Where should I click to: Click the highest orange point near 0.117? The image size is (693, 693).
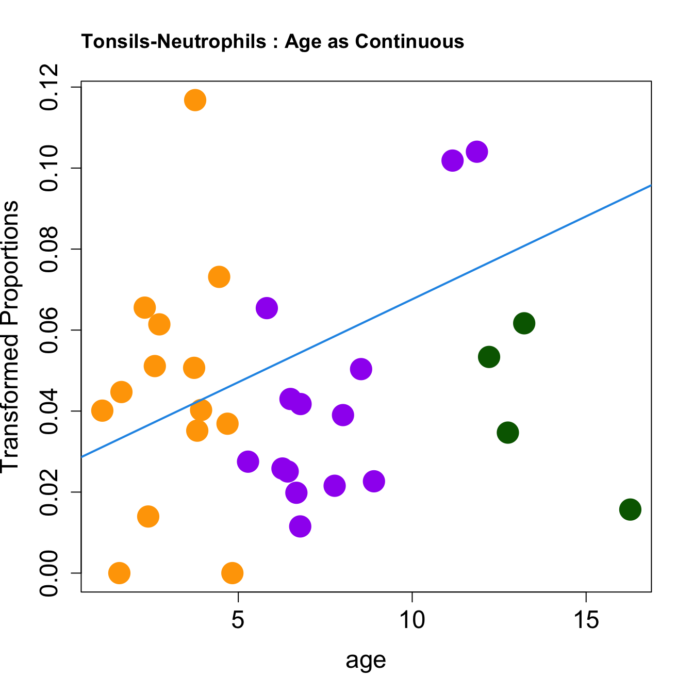(x=195, y=100)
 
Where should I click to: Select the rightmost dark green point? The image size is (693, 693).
(x=630, y=509)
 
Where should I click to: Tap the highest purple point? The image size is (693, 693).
(x=477, y=152)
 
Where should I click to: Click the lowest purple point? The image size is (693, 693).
(x=300, y=526)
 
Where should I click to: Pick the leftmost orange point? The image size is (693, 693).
(x=102, y=411)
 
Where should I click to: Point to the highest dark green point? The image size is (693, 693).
(x=524, y=323)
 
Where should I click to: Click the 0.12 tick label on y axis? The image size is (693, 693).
(x=50, y=88)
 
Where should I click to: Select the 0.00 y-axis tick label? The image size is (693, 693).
(x=50, y=573)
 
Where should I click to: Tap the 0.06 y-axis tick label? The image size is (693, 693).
(x=50, y=330)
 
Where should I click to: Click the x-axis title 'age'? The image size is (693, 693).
(x=366, y=659)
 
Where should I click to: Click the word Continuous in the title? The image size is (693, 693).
(x=410, y=41)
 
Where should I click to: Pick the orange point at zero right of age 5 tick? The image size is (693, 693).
(x=233, y=573)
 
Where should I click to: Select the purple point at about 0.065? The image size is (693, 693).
(x=267, y=308)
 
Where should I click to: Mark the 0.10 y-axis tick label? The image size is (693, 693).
(x=50, y=168)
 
